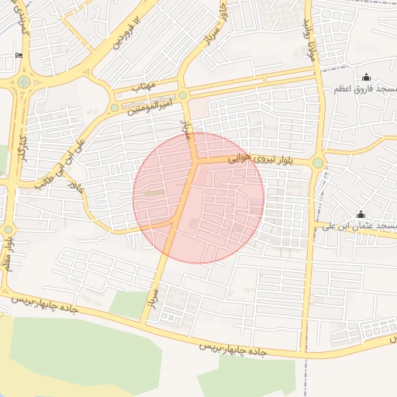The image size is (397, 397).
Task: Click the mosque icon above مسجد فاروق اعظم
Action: [x=366, y=77]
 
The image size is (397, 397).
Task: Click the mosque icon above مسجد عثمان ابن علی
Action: [x=360, y=214]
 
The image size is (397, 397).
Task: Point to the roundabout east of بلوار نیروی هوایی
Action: [x=317, y=162]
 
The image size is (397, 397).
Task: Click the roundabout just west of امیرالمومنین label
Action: [x=115, y=108]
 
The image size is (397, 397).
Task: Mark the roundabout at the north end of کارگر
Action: [x=24, y=81]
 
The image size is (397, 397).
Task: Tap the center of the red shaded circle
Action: [x=198, y=198]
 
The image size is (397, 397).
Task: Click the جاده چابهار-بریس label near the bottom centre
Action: [x=233, y=350]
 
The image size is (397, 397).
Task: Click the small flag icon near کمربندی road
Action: [x=19, y=55]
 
